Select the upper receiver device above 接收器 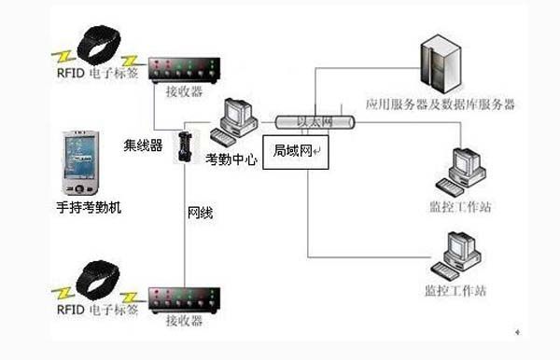pyautogui.click(x=184, y=70)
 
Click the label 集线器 pyautogui.click(x=143, y=145)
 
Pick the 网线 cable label pyautogui.click(x=200, y=214)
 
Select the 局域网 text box pyautogui.click(x=296, y=150)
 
